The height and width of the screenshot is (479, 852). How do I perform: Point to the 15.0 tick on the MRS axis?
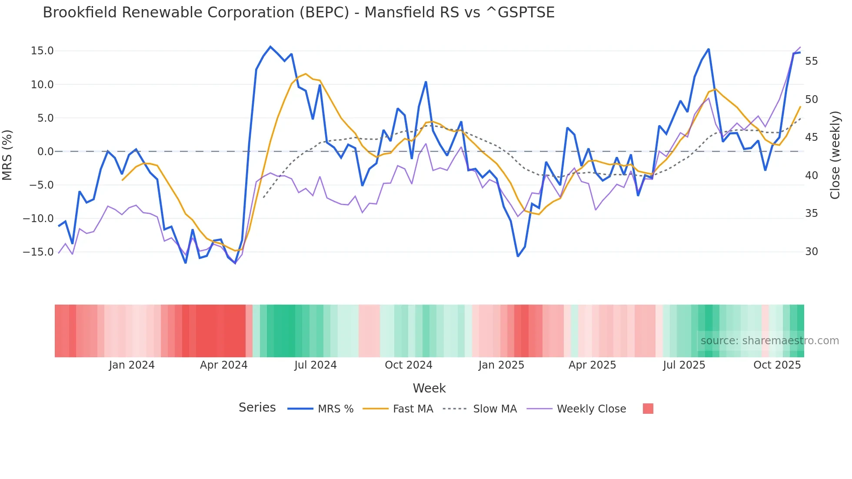coord(42,51)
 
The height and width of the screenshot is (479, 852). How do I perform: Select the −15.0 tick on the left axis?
coord(39,252)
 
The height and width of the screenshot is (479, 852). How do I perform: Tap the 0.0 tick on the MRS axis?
coord(45,152)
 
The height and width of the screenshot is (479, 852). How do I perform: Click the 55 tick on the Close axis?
coord(811,61)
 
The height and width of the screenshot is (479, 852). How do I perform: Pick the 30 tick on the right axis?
coord(811,252)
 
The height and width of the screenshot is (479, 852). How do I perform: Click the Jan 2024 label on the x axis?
coord(132,365)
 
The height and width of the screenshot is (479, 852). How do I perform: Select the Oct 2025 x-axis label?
coord(777,365)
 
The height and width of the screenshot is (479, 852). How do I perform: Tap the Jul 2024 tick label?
coord(316,365)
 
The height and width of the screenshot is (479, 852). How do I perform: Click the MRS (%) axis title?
coord(7,155)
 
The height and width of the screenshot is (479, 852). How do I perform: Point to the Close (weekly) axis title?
coord(835,155)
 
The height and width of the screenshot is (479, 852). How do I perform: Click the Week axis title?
coord(429,388)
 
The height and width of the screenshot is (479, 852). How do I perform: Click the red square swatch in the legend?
coord(648,409)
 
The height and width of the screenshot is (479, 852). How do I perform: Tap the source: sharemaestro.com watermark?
coord(769,341)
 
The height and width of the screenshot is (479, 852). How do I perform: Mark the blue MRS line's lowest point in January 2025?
coord(518,256)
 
